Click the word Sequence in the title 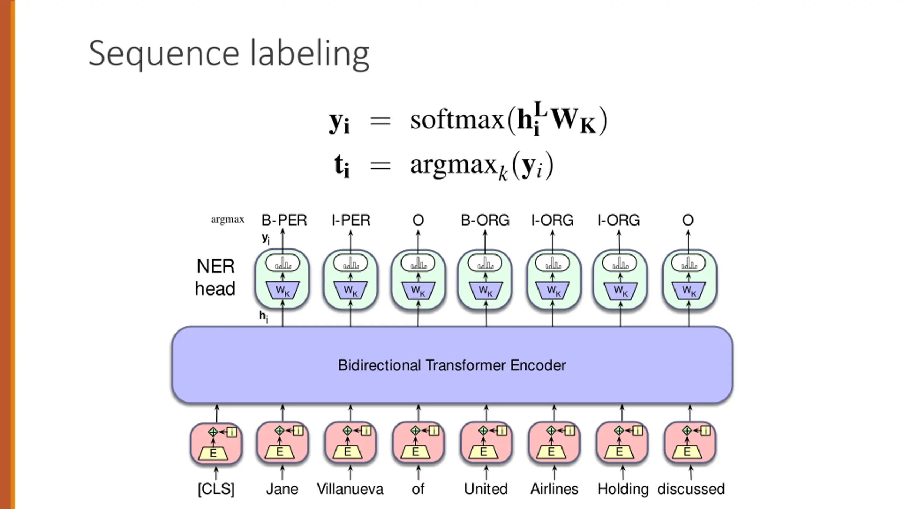(x=164, y=54)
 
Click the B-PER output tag (x=284, y=220)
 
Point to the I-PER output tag (x=351, y=220)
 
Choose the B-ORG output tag (x=485, y=220)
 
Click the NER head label (x=215, y=277)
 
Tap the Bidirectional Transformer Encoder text (x=452, y=365)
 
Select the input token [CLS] (x=216, y=489)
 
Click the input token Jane (x=282, y=489)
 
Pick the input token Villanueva (x=350, y=489)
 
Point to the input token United (x=486, y=489)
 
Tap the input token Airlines (x=554, y=489)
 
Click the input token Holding (x=623, y=489)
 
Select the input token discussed (x=691, y=489)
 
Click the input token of (x=418, y=489)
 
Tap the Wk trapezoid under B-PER (x=282, y=290)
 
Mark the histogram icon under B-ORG (x=485, y=263)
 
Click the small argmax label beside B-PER (x=227, y=220)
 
